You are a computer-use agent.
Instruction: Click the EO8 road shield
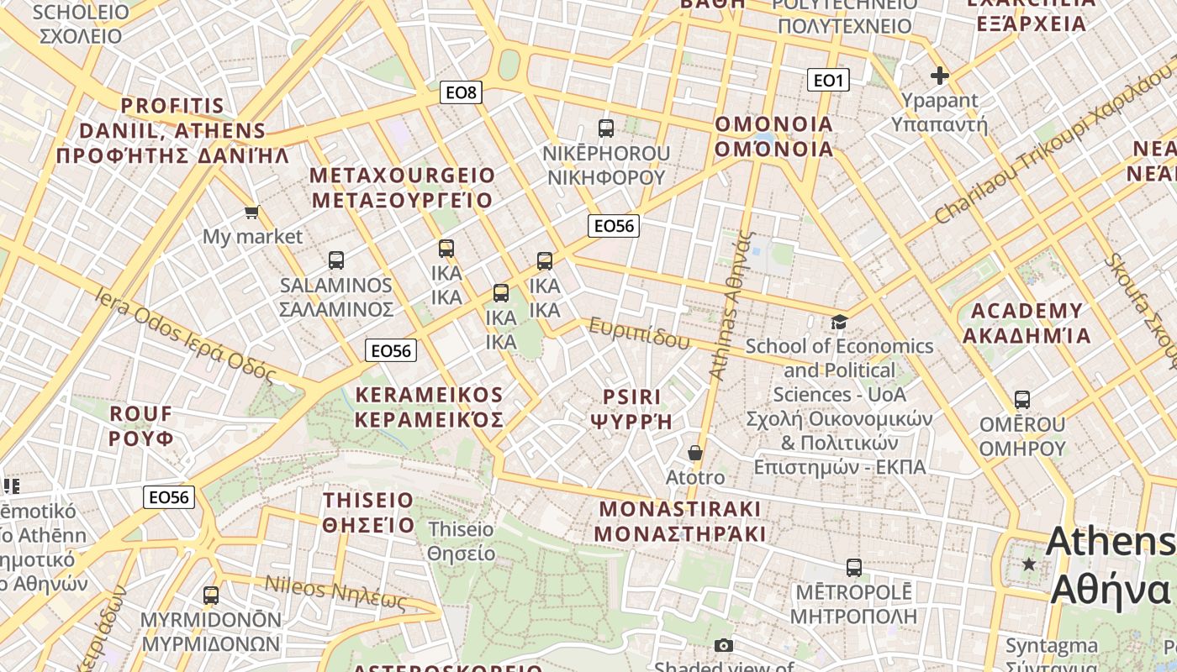(x=461, y=92)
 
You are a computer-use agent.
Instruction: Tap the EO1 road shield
(x=828, y=80)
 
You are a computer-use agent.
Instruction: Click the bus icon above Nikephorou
(x=605, y=129)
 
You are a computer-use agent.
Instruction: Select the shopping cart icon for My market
(x=251, y=212)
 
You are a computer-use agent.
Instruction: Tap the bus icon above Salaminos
(x=336, y=260)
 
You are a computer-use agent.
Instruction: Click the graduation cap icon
(x=838, y=322)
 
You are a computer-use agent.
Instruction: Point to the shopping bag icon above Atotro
(x=695, y=454)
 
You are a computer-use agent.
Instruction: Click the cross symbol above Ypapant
(x=939, y=76)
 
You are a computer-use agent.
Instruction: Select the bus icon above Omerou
(x=1022, y=400)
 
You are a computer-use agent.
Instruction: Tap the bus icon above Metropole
(x=854, y=568)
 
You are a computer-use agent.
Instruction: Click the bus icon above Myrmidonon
(x=211, y=596)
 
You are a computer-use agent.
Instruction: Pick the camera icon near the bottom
(x=723, y=645)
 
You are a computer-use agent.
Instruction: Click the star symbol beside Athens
(x=1029, y=563)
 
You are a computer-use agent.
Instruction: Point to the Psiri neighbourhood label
(x=632, y=408)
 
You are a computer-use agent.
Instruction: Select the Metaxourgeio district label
(x=402, y=187)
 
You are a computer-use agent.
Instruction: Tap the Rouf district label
(x=141, y=425)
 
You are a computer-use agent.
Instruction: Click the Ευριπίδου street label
(x=639, y=333)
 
